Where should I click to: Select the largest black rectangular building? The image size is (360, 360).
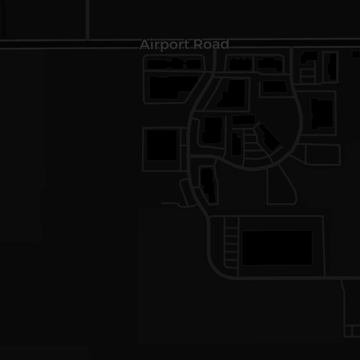coord(277,247)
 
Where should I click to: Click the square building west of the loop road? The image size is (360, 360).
coord(162,146)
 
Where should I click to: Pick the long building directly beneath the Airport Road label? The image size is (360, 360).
coord(174,64)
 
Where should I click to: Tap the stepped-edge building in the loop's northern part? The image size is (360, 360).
coord(231,94)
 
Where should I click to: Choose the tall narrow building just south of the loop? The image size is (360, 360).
coord(208,185)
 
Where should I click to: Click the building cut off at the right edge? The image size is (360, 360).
coord(356,54)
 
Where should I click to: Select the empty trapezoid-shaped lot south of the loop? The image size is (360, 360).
coord(281,185)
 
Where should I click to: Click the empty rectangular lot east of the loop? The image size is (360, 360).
coord(323,155)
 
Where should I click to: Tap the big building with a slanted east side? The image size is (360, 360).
coord(174,87)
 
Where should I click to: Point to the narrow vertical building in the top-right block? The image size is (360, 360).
coord(333,67)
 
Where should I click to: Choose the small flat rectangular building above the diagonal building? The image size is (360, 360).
coord(244,120)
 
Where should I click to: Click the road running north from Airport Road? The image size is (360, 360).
coord(87,20)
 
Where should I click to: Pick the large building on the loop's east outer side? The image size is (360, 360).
coord(322,114)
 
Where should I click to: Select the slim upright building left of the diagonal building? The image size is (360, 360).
coord(236,144)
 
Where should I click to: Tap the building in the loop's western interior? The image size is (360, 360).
coord(212,131)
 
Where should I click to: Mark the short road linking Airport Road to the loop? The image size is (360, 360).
coord(214,61)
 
